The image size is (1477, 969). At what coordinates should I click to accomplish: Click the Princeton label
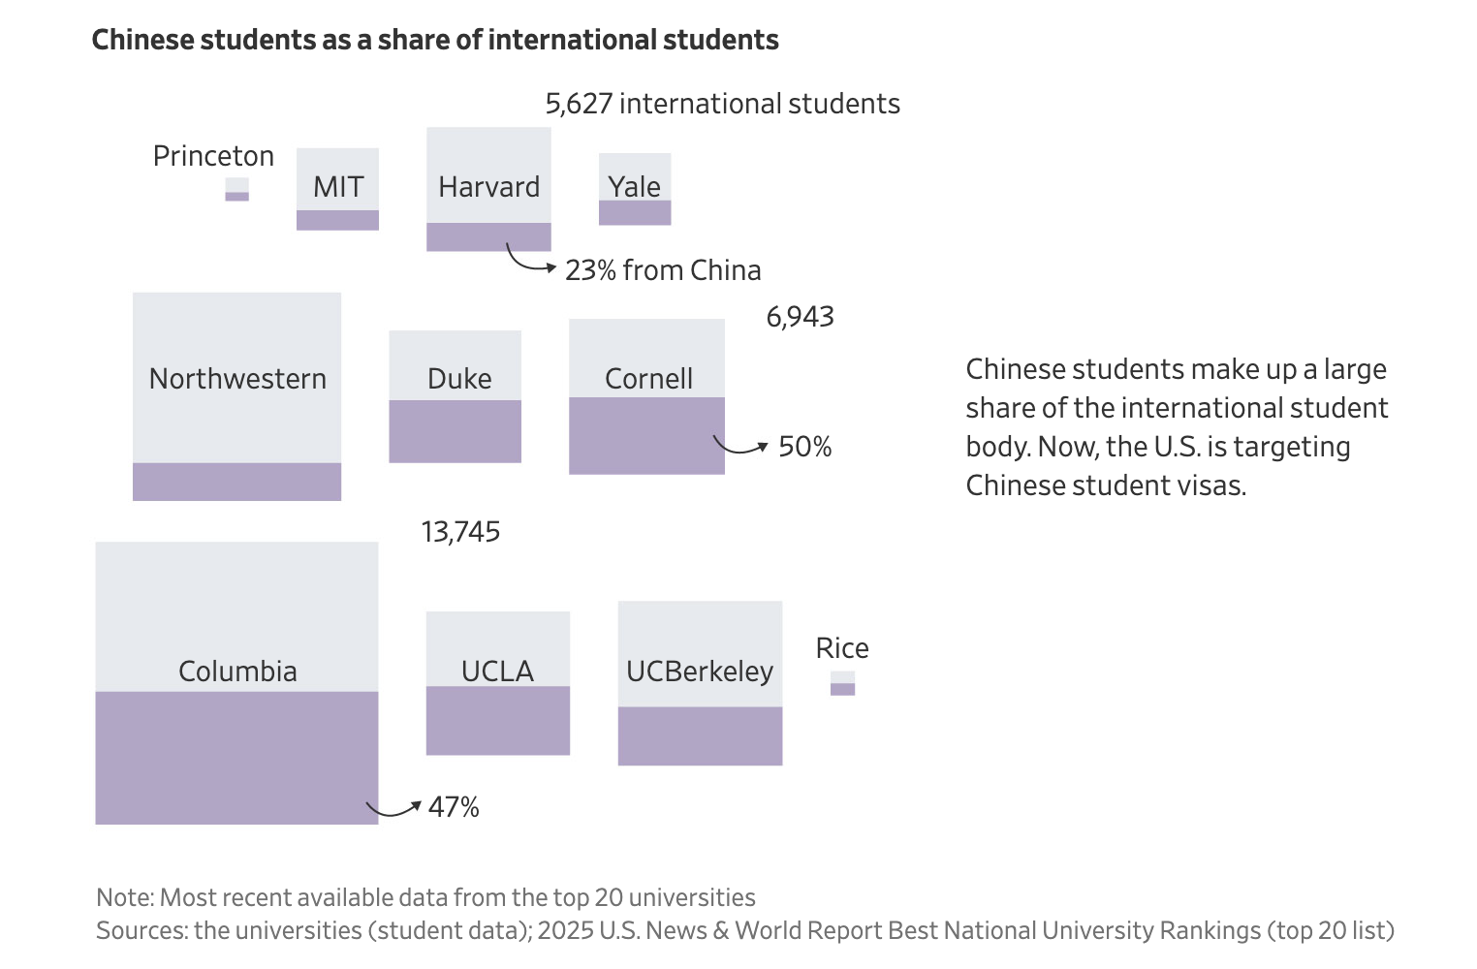pyautogui.click(x=213, y=156)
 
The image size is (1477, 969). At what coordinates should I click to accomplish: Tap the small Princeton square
pyautogui.click(x=236, y=189)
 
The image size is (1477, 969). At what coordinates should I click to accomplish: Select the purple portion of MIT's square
pyautogui.click(x=337, y=220)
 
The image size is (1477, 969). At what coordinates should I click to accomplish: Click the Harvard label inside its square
pyautogui.click(x=488, y=186)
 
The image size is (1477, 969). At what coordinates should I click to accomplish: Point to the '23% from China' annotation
pyautogui.click(x=663, y=270)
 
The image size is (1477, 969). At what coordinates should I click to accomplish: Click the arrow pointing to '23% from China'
pyautogui.click(x=529, y=261)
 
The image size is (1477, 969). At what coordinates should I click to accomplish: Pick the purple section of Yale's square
pyautogui.click(x=635, y=212)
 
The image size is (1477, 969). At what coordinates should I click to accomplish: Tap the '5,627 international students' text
pyautogui.click(x=722, y=104)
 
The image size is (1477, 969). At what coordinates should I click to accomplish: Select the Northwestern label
pyautogui.click(x=237, y=379)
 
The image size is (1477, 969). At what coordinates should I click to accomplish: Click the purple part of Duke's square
pyautogui.click(x=455, y=431)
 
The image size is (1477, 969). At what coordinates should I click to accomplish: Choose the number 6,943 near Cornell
pyautogui.click(x=800, y=317)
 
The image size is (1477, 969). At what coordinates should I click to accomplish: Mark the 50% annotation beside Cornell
pyautogui.click(x=804, y=447)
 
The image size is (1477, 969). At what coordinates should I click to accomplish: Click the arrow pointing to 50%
pyautogui.click(x=741, y=447)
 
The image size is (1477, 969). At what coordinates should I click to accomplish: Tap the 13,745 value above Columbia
pyautogui.click(x=460, y=532)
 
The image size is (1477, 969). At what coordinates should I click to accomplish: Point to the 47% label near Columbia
pyautogui.click(x=454, y=807)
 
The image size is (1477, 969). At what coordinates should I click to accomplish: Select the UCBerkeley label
pyautogui.click(x=699, y=671)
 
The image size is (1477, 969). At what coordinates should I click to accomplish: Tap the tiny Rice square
pyautogui.click(x=842, y=683)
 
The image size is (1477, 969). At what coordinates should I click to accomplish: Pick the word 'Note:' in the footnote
pyautogui.click(x=125, y=897)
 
